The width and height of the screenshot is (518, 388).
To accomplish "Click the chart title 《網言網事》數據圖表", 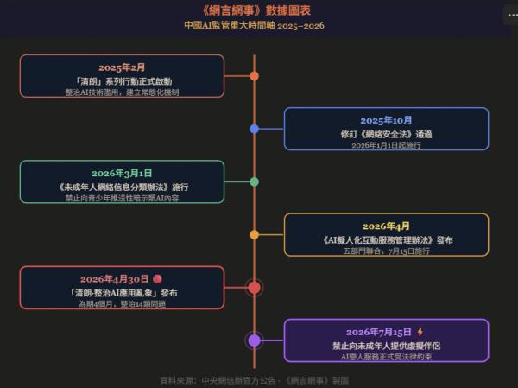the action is click(256, 10).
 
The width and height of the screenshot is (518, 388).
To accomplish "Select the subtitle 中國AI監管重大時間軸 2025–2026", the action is click(254, 25).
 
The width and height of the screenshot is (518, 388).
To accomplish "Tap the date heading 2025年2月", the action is click(122, 67).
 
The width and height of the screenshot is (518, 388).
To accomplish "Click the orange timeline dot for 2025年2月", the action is click(254, 76).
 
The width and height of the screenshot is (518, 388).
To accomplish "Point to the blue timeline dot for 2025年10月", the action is click(254, 129).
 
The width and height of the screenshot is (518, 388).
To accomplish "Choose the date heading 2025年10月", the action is click(386, 120).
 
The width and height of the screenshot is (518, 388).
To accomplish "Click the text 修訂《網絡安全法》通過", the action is click(386, 134).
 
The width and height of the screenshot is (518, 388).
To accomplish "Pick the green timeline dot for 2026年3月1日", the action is click(254, 182).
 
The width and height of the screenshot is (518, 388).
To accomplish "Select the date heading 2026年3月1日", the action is click(122, 174).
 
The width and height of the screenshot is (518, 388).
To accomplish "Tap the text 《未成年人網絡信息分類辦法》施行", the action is click(122, 188).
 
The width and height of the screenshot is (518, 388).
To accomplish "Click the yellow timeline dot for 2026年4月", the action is click(254, 235).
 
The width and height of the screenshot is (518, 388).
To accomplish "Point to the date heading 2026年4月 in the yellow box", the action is click(386, 226).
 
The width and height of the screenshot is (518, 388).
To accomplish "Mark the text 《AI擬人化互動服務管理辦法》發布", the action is click(386, 240).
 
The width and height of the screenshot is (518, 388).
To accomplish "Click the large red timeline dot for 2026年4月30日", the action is click(254, 288).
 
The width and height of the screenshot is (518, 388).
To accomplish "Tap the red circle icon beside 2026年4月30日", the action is click(158, 279).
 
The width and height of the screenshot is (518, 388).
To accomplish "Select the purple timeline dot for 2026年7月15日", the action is click(254, 340).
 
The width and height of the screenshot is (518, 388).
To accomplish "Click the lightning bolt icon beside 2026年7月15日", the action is click(420, 332).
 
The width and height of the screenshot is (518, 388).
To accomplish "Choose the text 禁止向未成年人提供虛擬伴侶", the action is click(386, 346).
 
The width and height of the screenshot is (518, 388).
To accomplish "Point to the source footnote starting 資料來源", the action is click(254, 380).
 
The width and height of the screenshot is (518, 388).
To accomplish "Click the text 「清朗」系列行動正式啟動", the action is click(122, 81).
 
